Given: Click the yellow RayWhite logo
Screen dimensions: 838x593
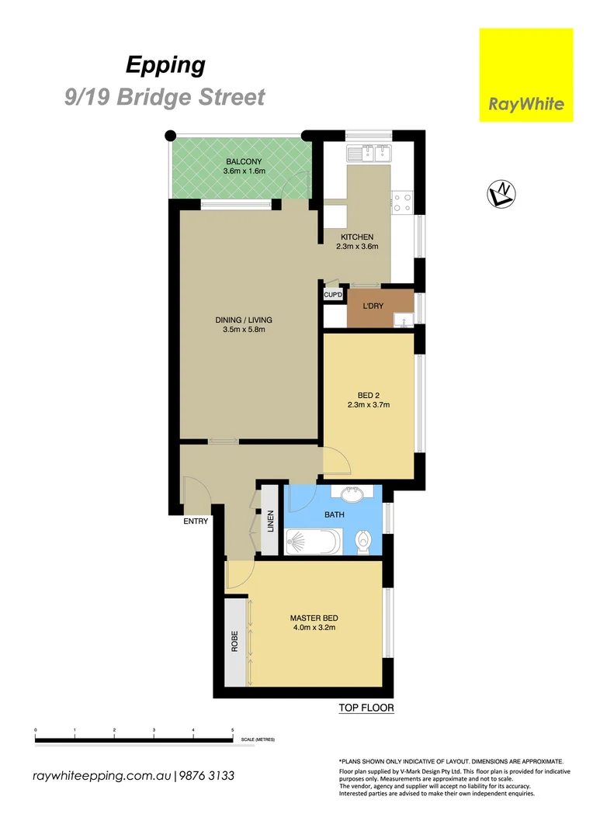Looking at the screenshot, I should [525, 75].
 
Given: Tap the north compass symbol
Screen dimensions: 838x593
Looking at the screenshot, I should [502, 194].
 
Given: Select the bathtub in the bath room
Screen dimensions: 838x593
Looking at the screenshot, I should [312, 541].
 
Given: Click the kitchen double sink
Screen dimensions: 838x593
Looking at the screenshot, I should [371, 152].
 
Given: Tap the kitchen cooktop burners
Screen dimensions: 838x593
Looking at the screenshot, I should [402, 203].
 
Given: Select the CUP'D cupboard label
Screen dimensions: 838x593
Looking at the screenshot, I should [333, 295].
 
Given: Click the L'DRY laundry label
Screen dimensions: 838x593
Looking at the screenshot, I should [374, 306].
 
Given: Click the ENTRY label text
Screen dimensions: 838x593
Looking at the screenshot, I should [196, 521].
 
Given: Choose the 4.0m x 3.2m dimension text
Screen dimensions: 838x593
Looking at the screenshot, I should [314, 628].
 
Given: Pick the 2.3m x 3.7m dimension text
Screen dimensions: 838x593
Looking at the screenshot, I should [368, 404].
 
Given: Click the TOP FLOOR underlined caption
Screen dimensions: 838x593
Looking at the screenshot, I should [366, 708].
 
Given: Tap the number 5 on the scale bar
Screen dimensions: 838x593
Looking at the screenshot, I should [233, 731].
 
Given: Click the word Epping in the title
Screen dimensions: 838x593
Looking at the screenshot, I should [166, 65].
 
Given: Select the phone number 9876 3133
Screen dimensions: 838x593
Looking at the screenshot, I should [207, 776].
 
